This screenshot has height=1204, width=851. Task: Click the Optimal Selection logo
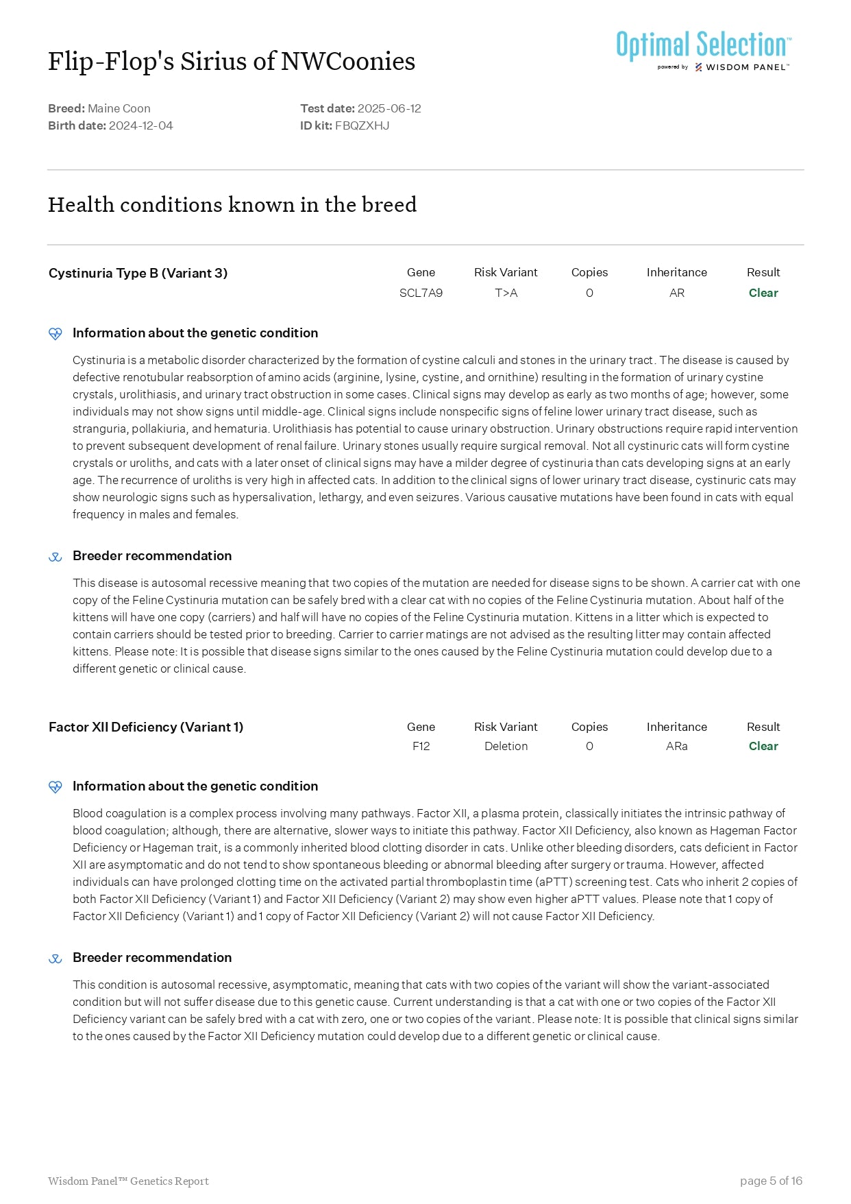pyautogui.click(x=704, y=49)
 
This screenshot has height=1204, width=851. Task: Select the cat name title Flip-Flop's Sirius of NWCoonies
pyautogui.click(x=232, y=62)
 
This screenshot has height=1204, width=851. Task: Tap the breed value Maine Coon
pyautogui.click(x=119, y=108)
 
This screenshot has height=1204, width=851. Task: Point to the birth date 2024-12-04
pyautogui.click(x=140, y=125)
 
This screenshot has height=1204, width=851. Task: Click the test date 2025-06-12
pyautogui.click(x=389, y=108)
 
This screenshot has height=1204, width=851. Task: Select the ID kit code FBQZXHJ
pyautogui.click(x=362, y=125)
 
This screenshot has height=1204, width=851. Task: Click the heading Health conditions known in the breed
pyautogui.click(x=232, y=204)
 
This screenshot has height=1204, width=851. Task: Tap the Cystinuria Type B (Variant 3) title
pyautogui.click(x=138, y=273)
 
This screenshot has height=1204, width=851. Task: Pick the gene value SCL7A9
pyautogui.click(x=421, y=293)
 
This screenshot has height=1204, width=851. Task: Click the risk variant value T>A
pyautogui.click(x=506, y=293)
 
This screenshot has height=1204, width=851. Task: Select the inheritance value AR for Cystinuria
pyautogui.click(x=676, y=293)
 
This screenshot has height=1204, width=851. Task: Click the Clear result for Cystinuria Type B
pyautogui.click(x=763, y=293)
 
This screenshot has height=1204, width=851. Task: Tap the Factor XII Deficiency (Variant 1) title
pyautogui.click(x=146, y=727)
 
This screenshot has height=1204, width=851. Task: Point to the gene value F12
pyautogui.click(x=421, y=746)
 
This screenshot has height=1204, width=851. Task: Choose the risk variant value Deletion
pyautogui.click(x=506, y=746)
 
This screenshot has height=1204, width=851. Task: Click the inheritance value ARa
pyautogui.click(x=676, y=746)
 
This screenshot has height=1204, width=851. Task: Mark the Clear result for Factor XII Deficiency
pyautogui.click(x=763, y=746)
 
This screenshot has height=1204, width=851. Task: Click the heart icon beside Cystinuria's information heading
pyautogui.click(x=56, y=333)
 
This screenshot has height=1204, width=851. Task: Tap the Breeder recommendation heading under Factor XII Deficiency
pyautogui.click(x=152, y=957)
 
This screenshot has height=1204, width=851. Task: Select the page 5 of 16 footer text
pyautogui.click(x=771, y=1181)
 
